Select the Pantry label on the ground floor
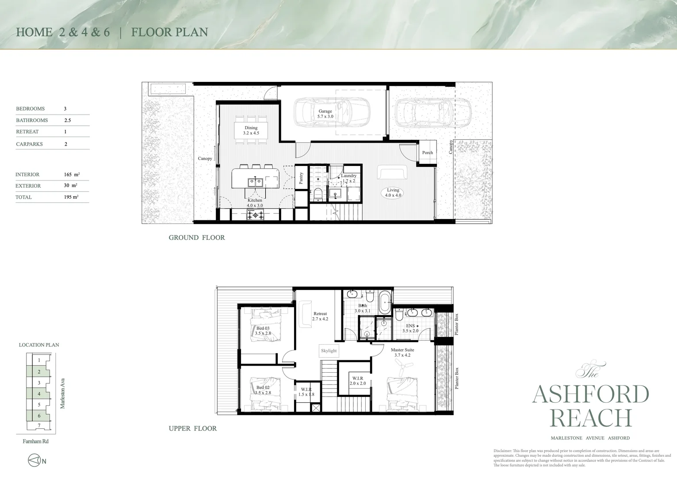point(301,178)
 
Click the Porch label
point(427,153)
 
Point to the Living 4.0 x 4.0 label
point(393,193)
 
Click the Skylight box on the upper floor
point(329,351)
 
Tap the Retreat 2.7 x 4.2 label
point(320,316)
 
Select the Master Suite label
point(402,352)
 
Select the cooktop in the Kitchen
point(255,215)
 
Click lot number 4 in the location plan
point(39,394)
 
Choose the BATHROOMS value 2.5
point(68,120)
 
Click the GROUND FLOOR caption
point(197,238)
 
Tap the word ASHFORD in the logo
point(590,394)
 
